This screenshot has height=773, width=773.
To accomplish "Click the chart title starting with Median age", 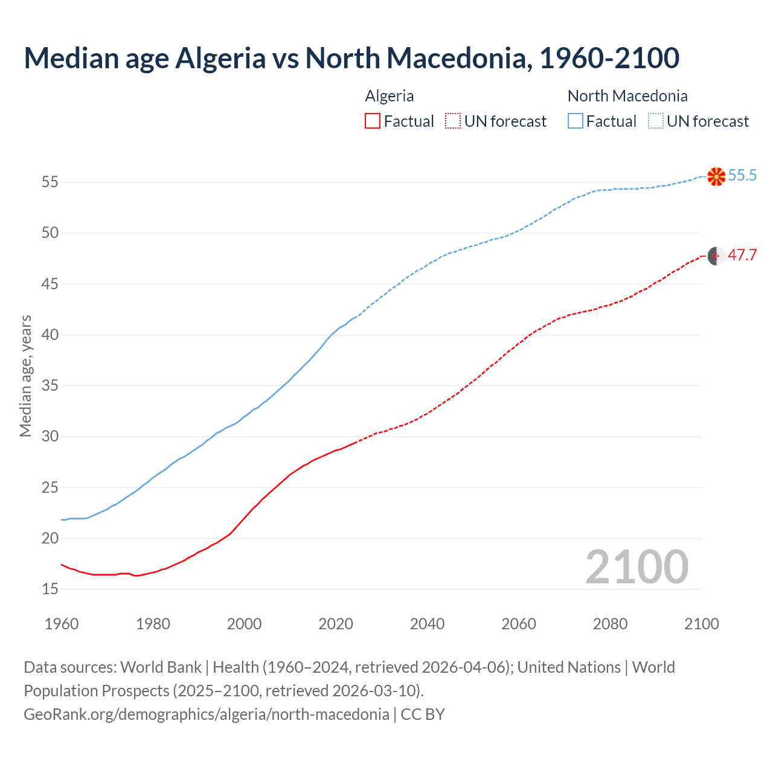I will click(351, 58).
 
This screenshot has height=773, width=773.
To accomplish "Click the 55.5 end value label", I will click(742, 176).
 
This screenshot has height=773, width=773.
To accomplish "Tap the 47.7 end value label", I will click(742, 255).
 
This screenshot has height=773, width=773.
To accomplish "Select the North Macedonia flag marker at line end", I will click(716, 176).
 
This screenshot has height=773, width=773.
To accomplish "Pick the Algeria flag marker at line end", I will click(716, 256).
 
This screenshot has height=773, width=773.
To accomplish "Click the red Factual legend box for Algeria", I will click(373, 121).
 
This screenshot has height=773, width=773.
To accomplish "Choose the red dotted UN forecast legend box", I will click(453, 121).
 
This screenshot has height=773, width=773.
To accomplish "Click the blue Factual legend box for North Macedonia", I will click(576, 121).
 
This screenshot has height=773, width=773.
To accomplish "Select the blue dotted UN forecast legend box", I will click(655, 121).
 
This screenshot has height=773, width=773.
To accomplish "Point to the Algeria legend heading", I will click(390, 96).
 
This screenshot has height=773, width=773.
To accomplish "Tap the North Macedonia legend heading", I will click(627, 96).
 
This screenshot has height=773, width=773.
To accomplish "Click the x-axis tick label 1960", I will click(62, 624).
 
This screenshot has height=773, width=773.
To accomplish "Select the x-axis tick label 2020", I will click(336, 624).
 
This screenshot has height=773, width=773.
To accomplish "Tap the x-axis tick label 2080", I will click(610, 624).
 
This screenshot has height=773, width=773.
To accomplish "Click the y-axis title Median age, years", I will click(25, 376).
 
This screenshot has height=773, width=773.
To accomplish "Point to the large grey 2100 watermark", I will click(637, 567).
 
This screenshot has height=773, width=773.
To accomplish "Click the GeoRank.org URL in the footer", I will click(207, 714).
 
